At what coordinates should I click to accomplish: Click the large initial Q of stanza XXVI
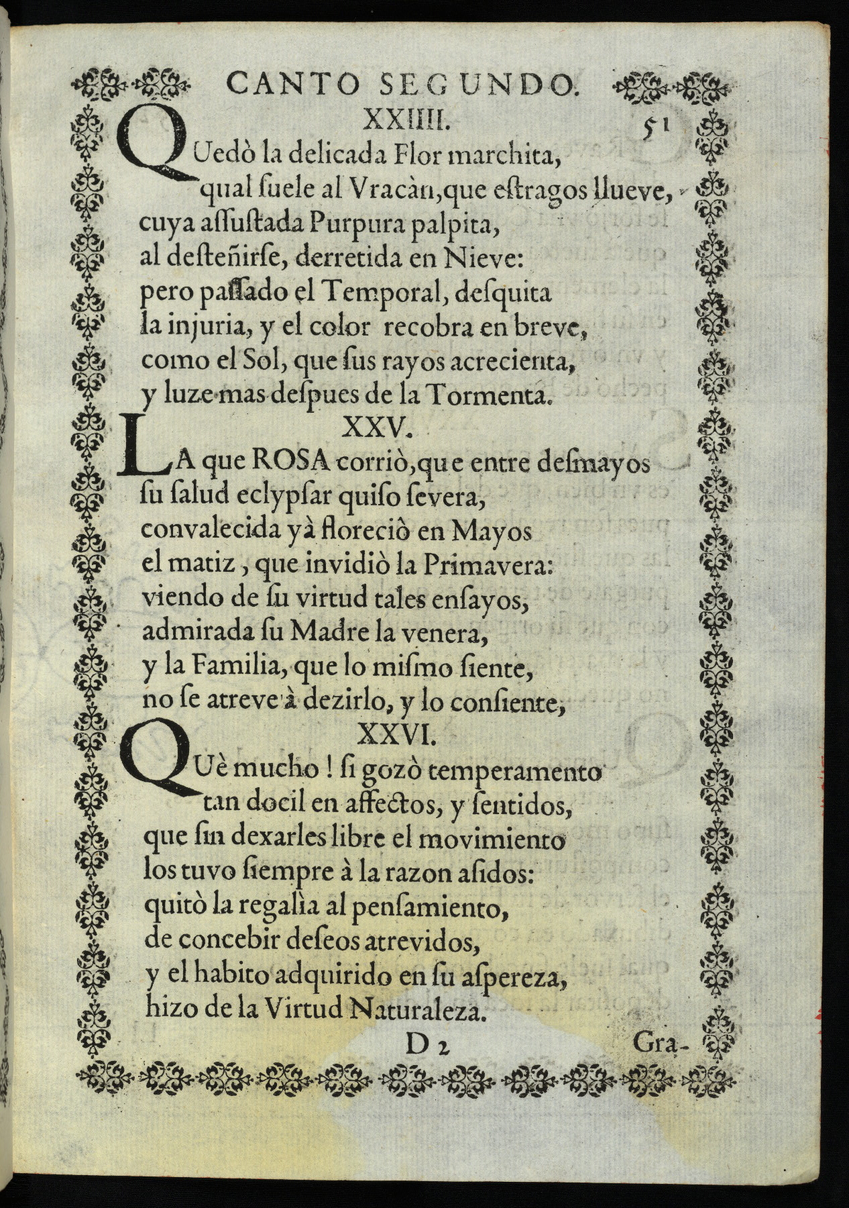point(153,762)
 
